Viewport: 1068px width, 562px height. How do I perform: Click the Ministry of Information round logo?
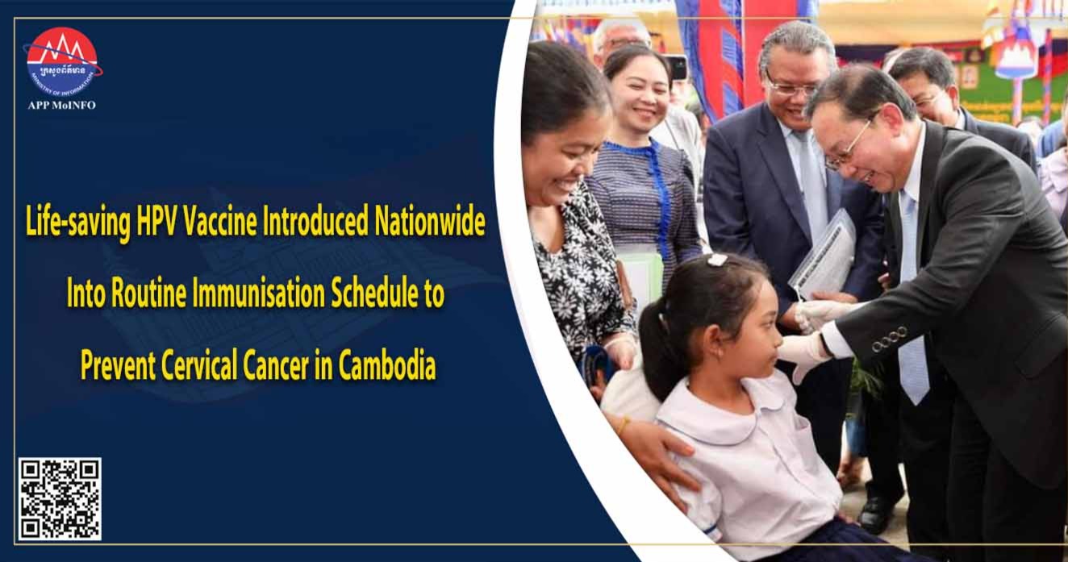click(62, 61)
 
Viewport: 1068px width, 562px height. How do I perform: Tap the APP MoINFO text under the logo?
click(62, 105)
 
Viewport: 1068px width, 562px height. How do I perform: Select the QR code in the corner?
click(60, 498)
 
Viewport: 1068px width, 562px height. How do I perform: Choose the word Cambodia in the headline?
click(387, 365)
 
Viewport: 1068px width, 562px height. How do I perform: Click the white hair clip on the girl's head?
click(717, 260)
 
